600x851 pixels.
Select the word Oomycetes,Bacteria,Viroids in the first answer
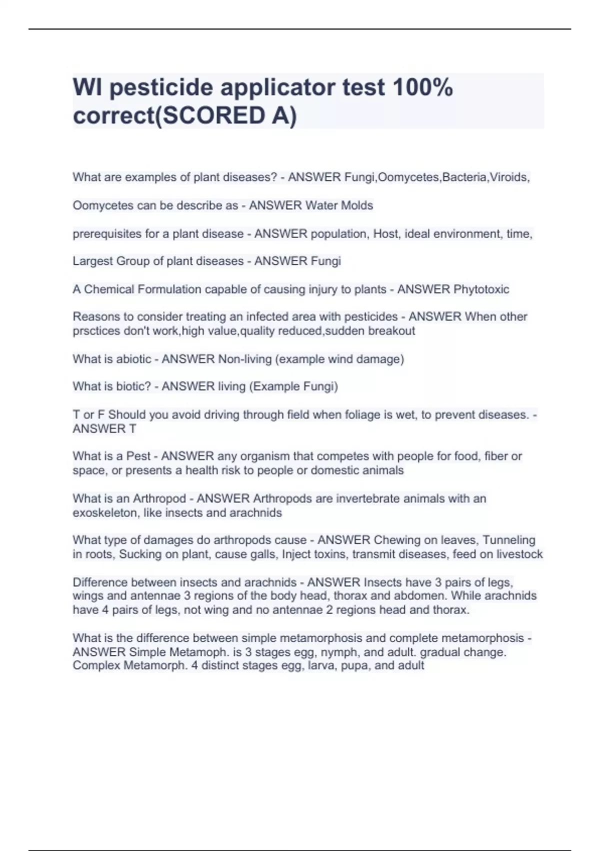coord(453,177)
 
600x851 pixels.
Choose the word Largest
coord(92,261)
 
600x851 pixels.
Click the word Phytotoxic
coord(481,289)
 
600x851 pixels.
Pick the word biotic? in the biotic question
coord(132,386)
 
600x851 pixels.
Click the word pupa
coord(354,666)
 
